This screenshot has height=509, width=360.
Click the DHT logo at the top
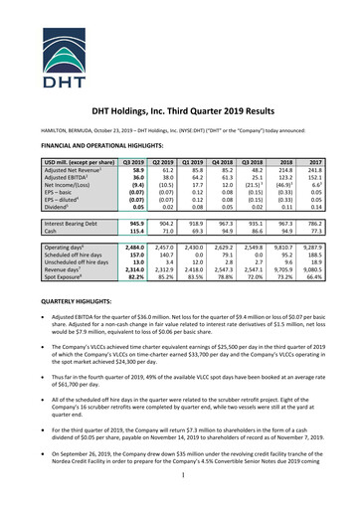click(179, 37)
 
